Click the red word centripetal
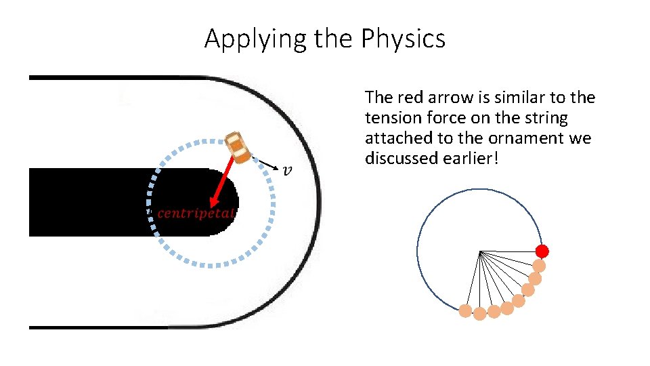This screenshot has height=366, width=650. (x=196, y=213)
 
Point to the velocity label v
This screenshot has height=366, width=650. (x=288, y=169)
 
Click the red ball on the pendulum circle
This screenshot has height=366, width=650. (x=542, y=251)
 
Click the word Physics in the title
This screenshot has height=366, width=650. (x=403, y=39)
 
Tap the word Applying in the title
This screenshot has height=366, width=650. (x=256, y=39)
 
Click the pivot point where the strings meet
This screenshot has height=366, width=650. (x=479, y=252)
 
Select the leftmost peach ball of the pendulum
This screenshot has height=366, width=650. (x=465, y=310)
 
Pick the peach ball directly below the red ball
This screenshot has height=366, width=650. (x=540, y=266)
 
